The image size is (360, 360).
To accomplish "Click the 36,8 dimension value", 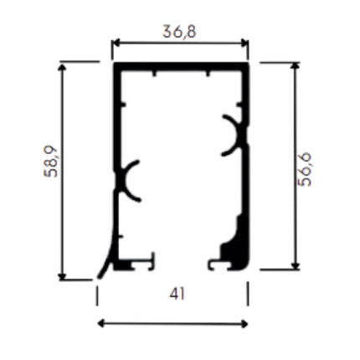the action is tap(179, 31).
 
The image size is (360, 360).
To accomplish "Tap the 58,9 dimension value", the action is tap(50, 162).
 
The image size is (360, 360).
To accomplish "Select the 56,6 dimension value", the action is tap(304, 169).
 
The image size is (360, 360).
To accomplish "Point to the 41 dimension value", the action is tap(177, 294).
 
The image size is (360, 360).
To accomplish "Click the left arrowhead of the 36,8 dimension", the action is tap(115, 43).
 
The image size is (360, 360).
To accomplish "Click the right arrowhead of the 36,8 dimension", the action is tap(245, 43).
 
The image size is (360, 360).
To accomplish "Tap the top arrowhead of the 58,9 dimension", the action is tap(63, 67).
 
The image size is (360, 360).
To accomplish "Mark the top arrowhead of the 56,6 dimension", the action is tap(296, 66).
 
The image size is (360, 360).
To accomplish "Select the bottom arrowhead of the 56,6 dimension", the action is tap(296, 266).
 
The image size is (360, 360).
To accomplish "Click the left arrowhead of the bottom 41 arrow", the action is tap(101, 324).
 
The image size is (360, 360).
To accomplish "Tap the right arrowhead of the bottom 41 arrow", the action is tap(244, 324).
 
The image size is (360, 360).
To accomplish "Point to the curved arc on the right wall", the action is tap(236, 135).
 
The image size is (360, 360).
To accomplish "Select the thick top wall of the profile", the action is tap(181, 66).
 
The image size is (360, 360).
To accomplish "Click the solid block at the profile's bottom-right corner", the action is tap(237, 251).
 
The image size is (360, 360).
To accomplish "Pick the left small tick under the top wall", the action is tap(154, 74).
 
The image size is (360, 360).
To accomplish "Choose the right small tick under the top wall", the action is tap(208, 74).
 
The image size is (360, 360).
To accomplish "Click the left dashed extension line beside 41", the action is tap(97, 296).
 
